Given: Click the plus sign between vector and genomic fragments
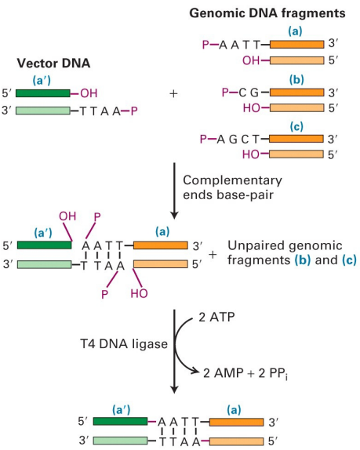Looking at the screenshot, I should click(x=173, y=93).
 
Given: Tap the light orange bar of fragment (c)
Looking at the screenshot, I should click(x=294, y=154).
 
